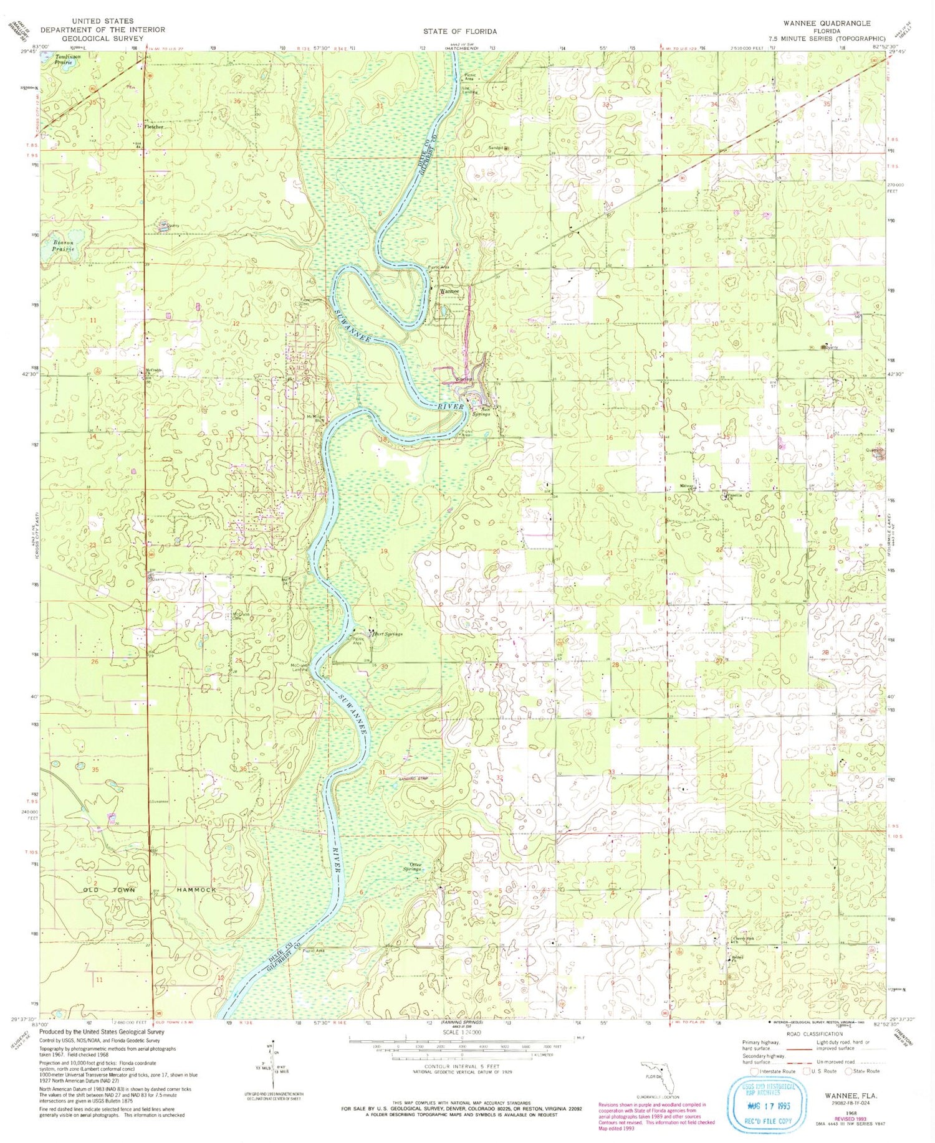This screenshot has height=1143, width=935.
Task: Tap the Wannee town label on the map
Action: pos(449,291)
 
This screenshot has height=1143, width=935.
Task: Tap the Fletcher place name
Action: pos(153,126)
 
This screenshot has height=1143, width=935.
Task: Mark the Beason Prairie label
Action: pos(63,245)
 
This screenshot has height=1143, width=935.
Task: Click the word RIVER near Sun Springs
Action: pos(450,406)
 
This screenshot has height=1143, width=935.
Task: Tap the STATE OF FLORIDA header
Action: pos(459,31)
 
